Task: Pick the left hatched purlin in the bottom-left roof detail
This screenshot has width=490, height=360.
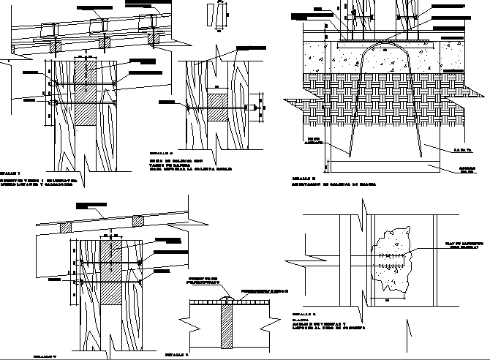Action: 66,227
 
